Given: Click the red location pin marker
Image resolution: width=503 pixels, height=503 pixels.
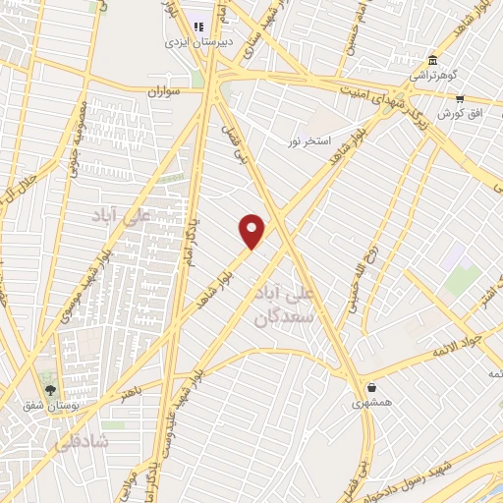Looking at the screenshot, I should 252,232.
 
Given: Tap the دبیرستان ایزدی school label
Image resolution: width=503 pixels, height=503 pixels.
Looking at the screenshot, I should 199,43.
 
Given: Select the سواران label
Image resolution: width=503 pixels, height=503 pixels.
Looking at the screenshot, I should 166,91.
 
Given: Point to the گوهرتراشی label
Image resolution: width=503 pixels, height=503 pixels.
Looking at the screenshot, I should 433,75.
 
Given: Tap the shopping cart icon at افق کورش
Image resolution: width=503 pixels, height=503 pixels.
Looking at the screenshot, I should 460,98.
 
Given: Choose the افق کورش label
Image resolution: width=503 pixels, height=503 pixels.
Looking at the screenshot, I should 450,114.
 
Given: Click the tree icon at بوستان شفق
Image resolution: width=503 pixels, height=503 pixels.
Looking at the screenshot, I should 50,389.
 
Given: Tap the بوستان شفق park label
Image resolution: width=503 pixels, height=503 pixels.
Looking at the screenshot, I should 50,405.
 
